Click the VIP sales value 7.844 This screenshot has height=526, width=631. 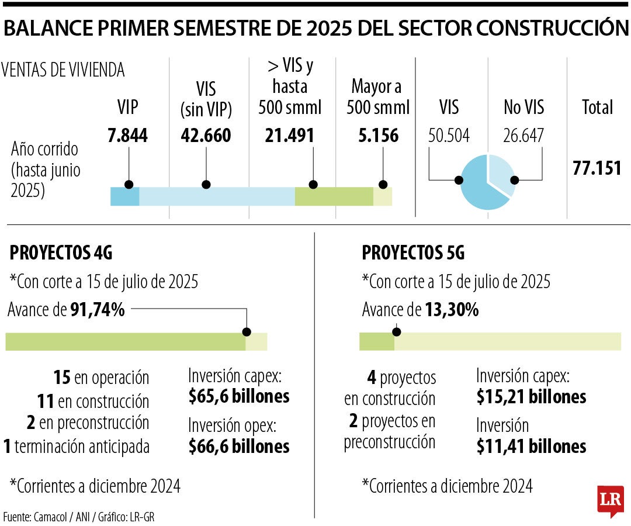click(127, 136)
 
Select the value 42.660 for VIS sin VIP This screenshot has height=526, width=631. click(206, 136)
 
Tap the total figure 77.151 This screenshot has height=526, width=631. click(597, 168)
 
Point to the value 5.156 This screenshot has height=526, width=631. click(378, 136)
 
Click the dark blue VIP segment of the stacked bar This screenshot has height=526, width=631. click(124, 197)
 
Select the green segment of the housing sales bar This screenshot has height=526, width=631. click(334, 197)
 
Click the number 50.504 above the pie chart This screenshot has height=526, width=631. click(449, 136)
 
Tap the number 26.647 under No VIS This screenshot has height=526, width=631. click(523, 136)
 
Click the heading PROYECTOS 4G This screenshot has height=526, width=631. click(61, 253)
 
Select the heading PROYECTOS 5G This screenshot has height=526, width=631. click(413, 253)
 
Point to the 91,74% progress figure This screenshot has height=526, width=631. click(98, 310)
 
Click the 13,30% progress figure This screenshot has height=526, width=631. click(450, 310)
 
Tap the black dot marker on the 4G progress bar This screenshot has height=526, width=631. click(247, 332)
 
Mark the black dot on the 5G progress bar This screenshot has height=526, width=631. click(397, 332)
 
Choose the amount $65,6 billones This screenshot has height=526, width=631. click(239, 396)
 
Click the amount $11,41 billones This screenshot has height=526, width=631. click(531, 447)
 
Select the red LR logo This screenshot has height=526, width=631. click(610, 500)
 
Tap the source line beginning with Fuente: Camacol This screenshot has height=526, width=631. click(79, 517)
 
